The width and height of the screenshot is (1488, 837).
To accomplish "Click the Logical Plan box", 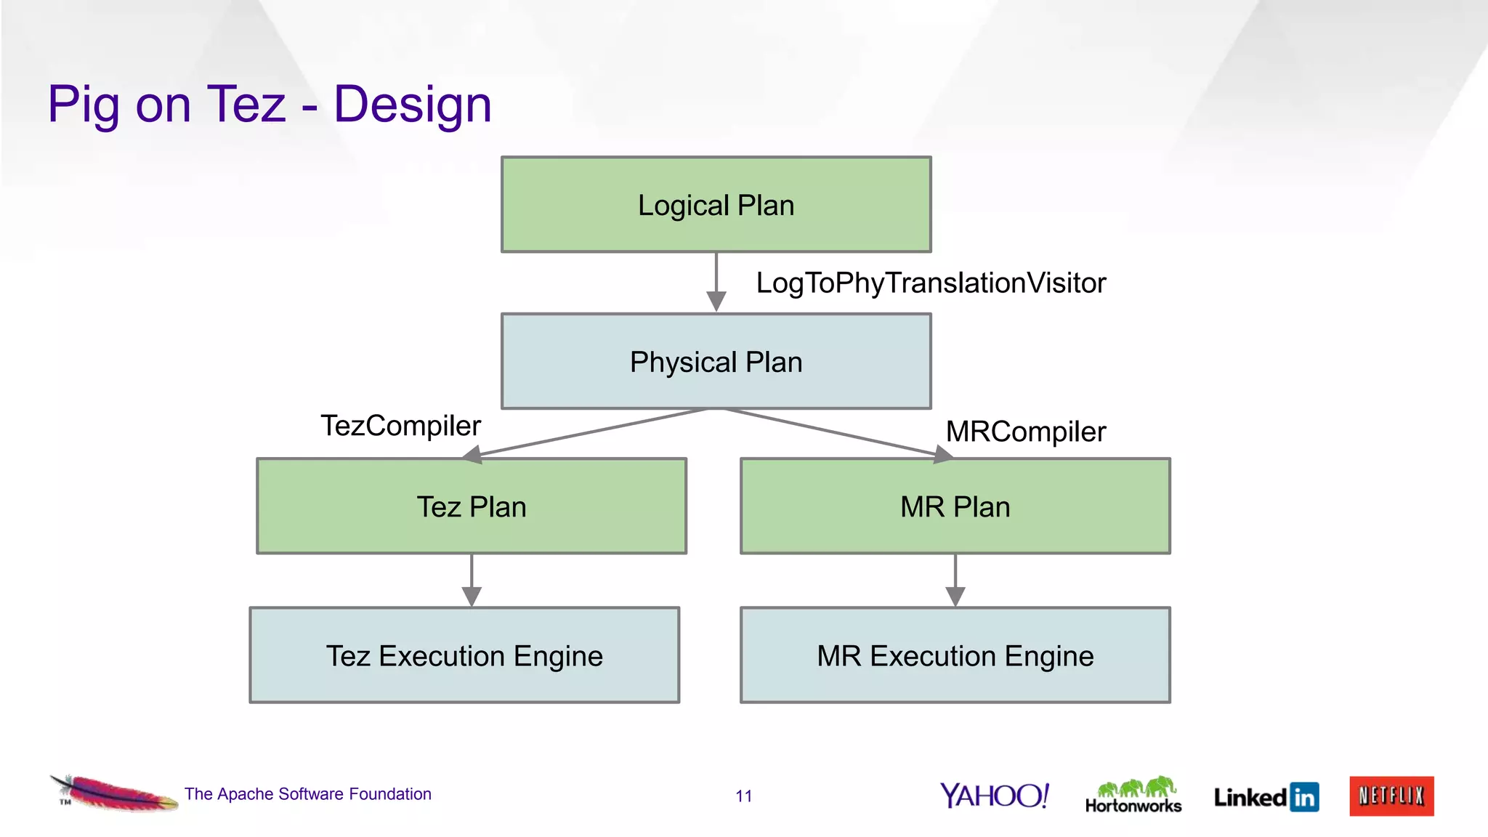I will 716,205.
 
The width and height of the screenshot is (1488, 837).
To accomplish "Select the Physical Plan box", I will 716,361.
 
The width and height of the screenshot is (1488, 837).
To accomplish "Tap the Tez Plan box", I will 472,506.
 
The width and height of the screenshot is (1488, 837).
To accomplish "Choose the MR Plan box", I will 955,506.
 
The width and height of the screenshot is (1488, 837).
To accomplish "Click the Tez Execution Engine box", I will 464,655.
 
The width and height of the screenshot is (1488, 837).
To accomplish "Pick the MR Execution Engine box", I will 955,655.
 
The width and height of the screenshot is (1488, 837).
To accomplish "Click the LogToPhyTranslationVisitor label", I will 931,283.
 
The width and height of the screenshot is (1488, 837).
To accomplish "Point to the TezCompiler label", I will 400,425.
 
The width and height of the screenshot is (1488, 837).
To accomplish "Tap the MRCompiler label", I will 1025,432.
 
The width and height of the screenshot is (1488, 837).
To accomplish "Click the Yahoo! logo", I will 995,796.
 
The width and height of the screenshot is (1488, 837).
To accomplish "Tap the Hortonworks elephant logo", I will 1133,795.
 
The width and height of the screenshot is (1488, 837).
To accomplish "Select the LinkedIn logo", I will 1266,797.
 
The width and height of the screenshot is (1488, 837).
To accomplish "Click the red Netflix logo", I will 1391,796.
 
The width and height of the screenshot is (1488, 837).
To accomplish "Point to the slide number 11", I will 743,796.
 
